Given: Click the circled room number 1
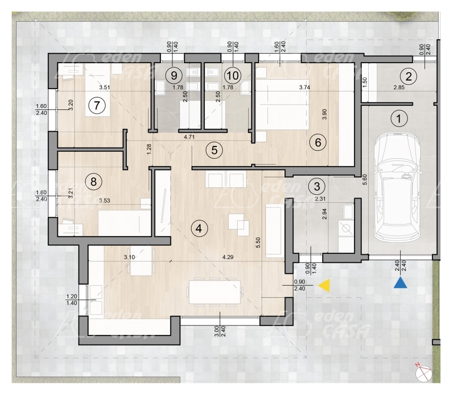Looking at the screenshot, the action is point(398,118).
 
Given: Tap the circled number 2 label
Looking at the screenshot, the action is point(409,76).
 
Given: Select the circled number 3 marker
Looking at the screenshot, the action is point(317,186).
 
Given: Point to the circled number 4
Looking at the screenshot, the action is point(199,229).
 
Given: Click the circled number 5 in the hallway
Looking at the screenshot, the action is point(214,150).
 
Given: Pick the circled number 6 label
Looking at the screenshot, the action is point(318,142).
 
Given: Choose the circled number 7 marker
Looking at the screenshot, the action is point(97,105).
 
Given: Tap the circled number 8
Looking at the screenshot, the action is point(93,182).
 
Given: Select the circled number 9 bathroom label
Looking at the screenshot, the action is point(174,76).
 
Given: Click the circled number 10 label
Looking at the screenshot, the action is point(233,75).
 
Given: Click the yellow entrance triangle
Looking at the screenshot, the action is point(324,285).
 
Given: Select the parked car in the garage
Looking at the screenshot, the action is point(397,186).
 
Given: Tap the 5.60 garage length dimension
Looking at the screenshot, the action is point(365,179).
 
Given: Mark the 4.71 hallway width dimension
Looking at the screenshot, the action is point(189,137).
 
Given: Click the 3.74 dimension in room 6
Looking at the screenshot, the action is point(305,87).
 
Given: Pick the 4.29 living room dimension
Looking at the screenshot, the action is point(228,257).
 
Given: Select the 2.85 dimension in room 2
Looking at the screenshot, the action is point(399,87).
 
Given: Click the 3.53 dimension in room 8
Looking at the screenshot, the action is point(105,200).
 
